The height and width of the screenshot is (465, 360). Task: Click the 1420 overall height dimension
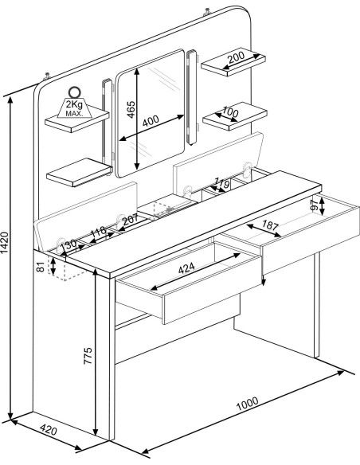(6, 243)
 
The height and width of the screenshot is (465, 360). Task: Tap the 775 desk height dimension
(88, 356)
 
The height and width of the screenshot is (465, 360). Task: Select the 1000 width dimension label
(247, 404)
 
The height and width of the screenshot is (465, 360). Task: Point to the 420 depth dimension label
(48, 430)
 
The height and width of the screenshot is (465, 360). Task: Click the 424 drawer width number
(186, 268)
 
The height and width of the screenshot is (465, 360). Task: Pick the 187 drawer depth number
(270, 225)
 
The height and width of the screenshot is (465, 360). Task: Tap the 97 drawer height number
(315, 205)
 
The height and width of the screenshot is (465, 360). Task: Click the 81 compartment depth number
(41, 267)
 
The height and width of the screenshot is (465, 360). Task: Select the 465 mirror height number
(131, 110)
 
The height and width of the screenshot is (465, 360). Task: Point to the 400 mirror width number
(151, 121)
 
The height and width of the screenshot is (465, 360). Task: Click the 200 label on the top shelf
(236, 57)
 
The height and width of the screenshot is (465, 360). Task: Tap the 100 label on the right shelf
(230, 112)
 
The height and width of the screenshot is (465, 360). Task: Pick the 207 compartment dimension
(130, 220)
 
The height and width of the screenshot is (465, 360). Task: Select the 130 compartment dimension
(68, 245)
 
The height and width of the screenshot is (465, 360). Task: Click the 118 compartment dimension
(98, 232)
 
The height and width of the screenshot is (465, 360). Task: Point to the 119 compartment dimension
(221, 184)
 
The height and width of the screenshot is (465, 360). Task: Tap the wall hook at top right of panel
(207, 13)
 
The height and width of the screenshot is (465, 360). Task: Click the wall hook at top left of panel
(47, 76)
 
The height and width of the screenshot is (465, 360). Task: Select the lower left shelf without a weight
(80, 172)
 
